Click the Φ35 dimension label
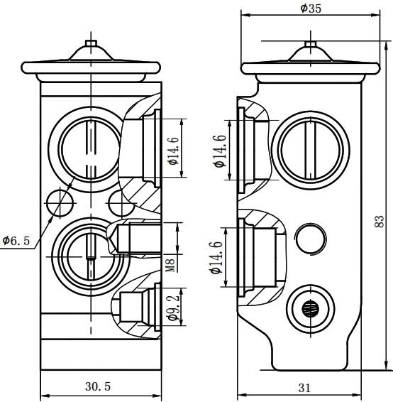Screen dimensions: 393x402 (310, 9)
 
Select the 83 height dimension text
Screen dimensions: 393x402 (380, 221)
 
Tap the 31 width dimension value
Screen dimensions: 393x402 (304, 388)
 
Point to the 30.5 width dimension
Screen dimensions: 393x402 (98, 386)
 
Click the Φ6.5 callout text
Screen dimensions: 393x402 (16, 241)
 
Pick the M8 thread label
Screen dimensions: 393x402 (171, 266)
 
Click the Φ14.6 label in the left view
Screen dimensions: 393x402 (173, 151)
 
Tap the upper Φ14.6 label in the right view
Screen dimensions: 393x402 (221, 151)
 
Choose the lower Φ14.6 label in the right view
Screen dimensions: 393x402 (217, 258)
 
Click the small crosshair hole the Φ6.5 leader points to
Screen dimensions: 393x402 (60, 203)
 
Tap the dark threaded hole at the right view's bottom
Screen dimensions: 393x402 (310, 309)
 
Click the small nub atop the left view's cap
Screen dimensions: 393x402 (91, 43)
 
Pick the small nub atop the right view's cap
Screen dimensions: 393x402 (311, 44)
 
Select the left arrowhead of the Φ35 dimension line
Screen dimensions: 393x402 (245, 15)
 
